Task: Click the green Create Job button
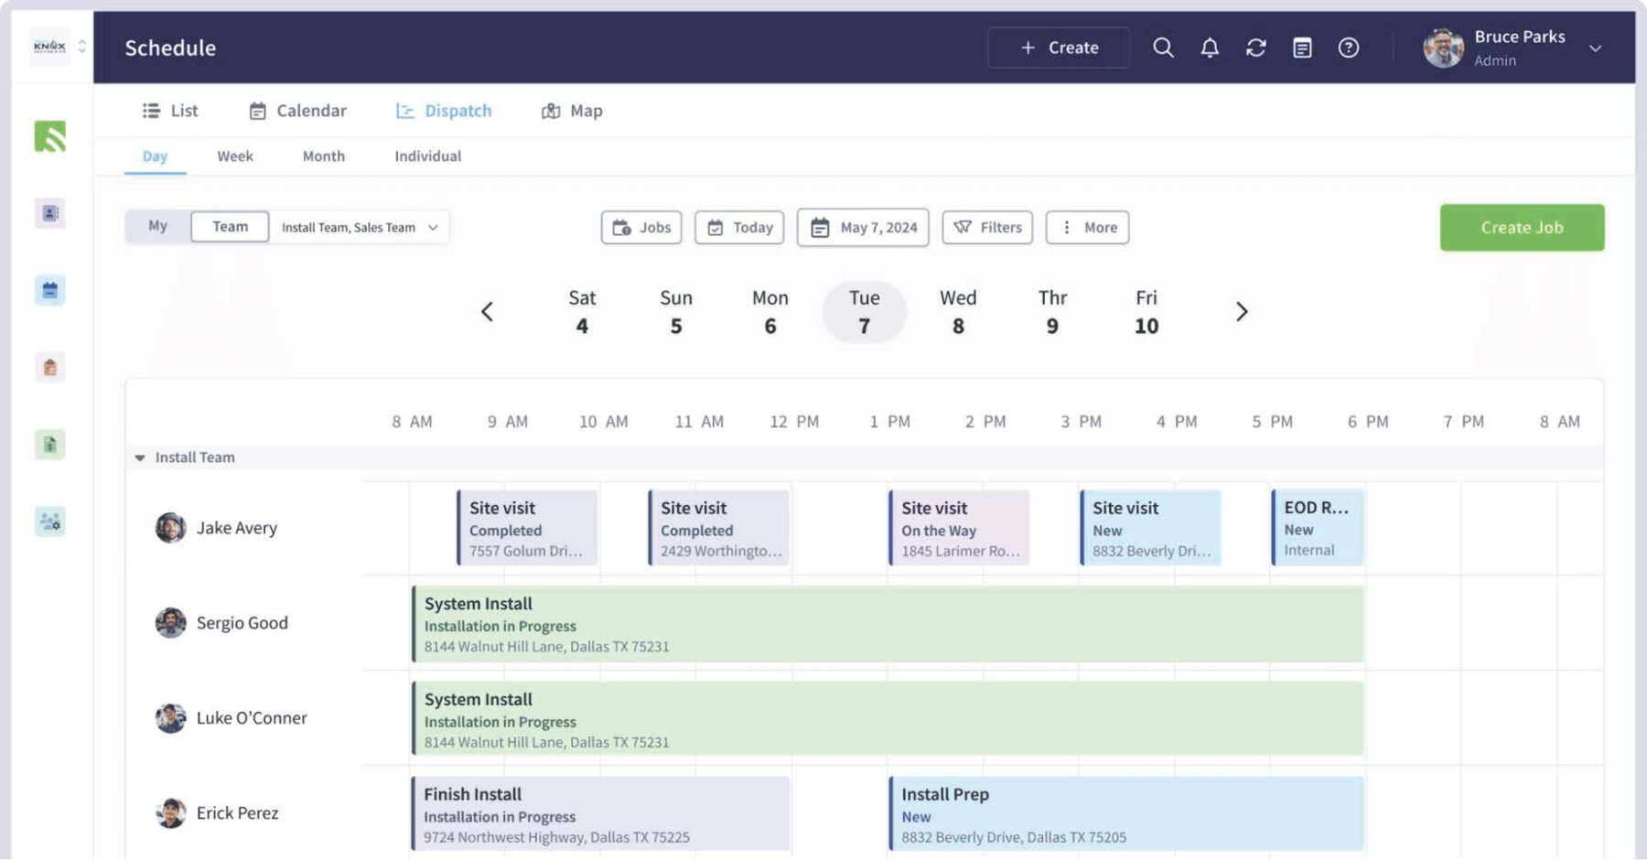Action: click(x=1521, y=228)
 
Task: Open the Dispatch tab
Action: click(x=444, y=111)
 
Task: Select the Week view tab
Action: click(x=234, y=156)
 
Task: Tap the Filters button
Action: click(x=987, y=228)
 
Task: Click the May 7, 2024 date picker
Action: click(x=863, y=228)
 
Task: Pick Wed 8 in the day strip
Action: click(x=958, y=312)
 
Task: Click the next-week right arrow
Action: click(x=1241, y=312)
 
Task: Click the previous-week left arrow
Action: click(x=487, y=312)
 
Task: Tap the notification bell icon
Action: click(x=1209, y=48)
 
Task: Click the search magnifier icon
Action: click(x=1162, y=48)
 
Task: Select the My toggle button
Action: click(x=157, y=226)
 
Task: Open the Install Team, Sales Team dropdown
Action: click(x=359, y=228)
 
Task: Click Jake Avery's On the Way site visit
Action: click(x=959, y=529)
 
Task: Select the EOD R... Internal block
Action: click(x=1317, y=529)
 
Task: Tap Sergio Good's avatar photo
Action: click(x=170, y=623)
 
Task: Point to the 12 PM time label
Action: click(x=793, y=422)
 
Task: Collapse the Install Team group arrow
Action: click(x=140, y=457)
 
